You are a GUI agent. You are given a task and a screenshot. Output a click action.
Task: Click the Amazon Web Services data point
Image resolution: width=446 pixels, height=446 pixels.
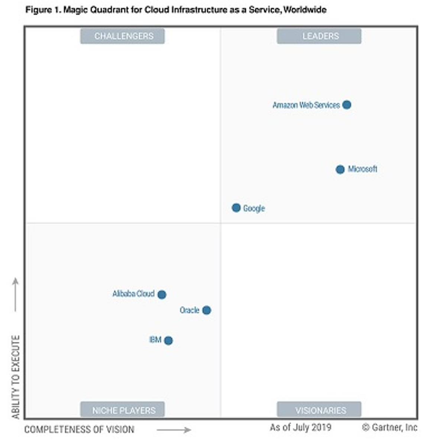coord(347,105)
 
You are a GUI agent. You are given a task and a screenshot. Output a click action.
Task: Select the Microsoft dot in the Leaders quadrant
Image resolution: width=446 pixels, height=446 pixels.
coord(340,169)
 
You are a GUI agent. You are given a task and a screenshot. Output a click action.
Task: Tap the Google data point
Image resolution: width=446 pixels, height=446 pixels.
coord(236,208)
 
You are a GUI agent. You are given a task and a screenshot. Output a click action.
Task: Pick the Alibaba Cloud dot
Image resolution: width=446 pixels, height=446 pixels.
coord(162,295)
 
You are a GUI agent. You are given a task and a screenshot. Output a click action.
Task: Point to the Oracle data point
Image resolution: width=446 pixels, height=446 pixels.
coord(207,310)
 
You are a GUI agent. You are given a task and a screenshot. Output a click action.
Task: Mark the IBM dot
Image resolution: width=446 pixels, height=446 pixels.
coord(168,340)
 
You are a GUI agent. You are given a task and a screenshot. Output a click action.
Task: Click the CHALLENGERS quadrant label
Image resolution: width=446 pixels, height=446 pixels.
coord(123,36)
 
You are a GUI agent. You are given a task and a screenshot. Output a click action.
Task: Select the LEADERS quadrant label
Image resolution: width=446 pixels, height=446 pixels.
coord(319,36)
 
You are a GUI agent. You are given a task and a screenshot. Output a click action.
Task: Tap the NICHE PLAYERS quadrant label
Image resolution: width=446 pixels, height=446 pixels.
coord(123,410)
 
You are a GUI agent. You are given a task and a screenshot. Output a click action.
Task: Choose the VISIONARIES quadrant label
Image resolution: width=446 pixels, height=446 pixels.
coord(319,410)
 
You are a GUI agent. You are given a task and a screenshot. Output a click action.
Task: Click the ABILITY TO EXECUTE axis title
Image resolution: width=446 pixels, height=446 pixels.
coord(16,377)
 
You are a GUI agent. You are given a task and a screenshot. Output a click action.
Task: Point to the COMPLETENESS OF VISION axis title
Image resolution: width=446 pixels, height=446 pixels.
coord(79,430)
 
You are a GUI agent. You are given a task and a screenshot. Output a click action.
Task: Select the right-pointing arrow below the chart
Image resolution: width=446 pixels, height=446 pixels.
coord(174,430)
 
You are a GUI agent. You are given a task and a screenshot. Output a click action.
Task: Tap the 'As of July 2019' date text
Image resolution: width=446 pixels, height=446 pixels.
coord(300,427)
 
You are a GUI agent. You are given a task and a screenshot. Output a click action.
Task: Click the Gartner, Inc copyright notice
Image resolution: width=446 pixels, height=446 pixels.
coord(390,427)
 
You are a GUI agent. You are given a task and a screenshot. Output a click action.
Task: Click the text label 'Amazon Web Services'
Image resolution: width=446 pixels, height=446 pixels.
coord(306,105)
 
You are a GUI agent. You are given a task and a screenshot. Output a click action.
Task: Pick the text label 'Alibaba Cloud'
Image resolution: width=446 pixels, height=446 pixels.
coord(133,294)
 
